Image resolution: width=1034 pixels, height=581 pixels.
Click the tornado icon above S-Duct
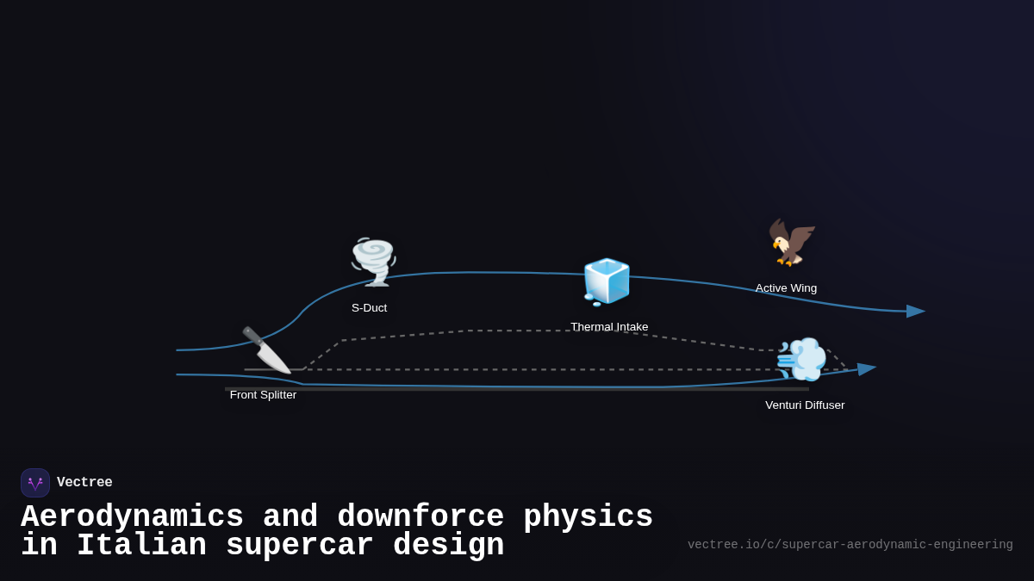tap(373, 261)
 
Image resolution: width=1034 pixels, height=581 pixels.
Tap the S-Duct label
tap(369, 308)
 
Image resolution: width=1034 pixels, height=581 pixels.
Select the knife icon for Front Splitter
tap(265, 349)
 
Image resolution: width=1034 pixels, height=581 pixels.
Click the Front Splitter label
tap(263, 395)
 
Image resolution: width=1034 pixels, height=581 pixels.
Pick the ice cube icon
tap(607, 281)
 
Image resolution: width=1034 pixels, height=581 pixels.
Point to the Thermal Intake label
tap(609, 327)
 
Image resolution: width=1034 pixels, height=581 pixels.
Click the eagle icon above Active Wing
tap(791, 242)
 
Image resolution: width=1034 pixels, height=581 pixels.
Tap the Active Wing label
tap(786, 288)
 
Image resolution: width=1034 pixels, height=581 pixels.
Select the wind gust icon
tap(801, 359)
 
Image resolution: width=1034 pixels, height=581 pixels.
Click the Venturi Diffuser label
tap(805, 405)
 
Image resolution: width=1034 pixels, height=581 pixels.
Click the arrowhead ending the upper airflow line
tap(915, 311)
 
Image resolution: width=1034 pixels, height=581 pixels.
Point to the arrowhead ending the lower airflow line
tap(866, 369)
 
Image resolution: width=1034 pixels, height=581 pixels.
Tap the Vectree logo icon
tap(35, 483)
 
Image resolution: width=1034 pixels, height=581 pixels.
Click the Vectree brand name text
tap(84, 483)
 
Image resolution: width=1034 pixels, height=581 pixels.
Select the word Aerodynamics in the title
tap(132, 517)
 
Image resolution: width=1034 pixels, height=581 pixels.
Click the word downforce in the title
tap(420, 517)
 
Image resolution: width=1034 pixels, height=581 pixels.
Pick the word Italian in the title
tap(141, 546)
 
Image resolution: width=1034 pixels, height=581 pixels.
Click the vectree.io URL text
tap(850, 545)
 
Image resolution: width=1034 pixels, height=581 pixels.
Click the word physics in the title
tap(588, 517)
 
